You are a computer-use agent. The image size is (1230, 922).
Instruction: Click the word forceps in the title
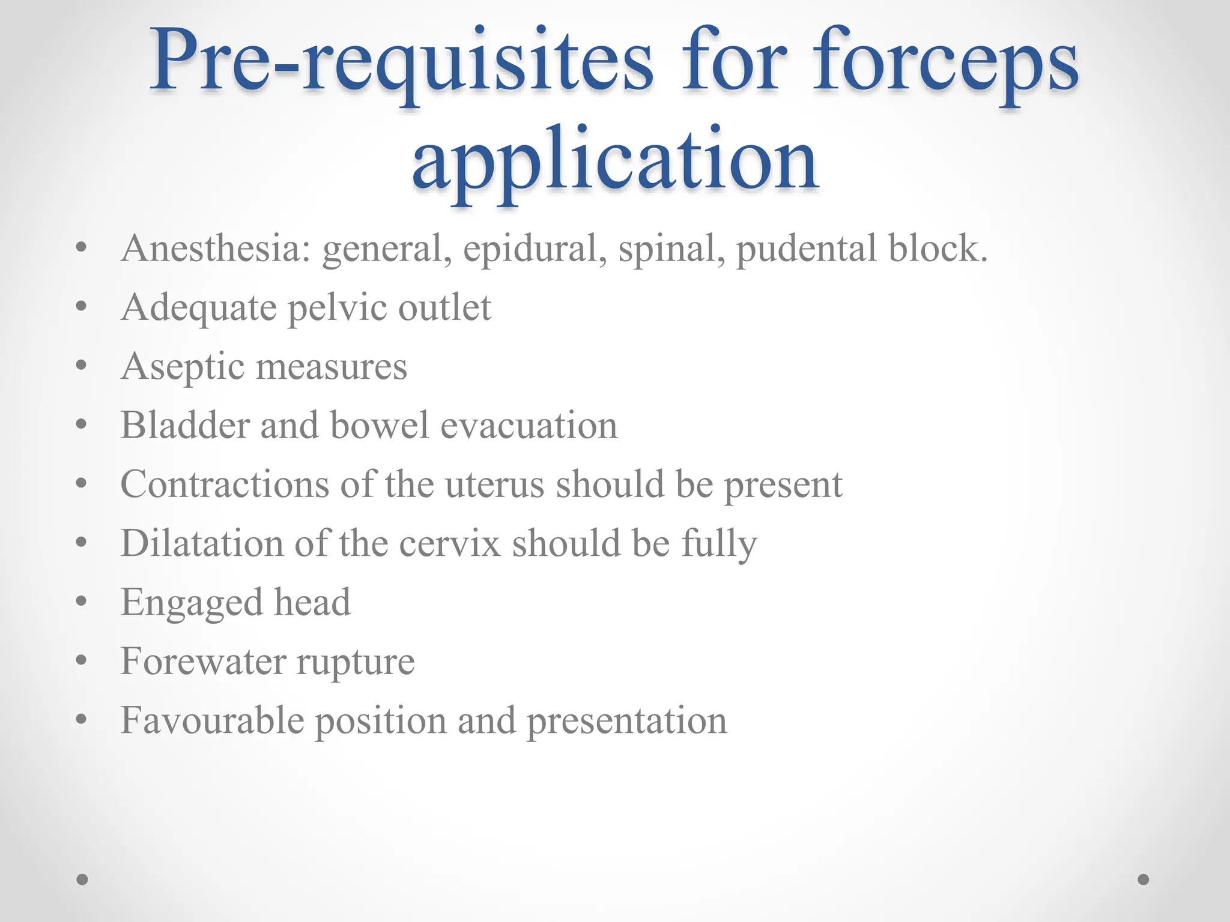[945, 64]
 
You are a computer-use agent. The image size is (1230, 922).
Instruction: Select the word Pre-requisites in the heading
[401, 64]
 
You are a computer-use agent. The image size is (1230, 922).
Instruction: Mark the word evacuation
[529, 425]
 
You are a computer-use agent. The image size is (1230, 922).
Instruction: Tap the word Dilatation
[202, 543]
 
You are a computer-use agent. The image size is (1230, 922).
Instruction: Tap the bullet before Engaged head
[82, 601]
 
